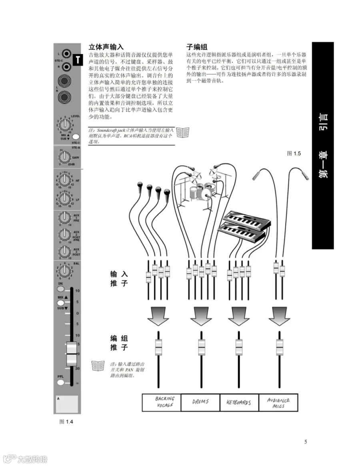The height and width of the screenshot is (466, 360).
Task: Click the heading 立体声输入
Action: click(x=106, y=47)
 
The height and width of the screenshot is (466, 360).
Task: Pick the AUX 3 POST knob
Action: click(x=64, y=251)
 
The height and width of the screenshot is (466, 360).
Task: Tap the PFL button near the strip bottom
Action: click(x=60, y=382)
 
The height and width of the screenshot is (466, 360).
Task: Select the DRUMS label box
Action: click(x=200, y=402)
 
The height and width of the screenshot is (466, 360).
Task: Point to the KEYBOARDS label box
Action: click(x=238, y=402)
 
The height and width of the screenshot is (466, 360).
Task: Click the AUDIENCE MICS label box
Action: click(x=278, y=402)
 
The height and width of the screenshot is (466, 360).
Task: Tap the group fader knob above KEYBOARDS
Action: click(x=239, y=347)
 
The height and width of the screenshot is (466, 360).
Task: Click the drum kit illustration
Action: click(x=199, y=188)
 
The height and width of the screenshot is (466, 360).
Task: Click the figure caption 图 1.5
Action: click(x=294, y=153)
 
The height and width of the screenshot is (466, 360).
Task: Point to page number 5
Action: click(x=306, y=442)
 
